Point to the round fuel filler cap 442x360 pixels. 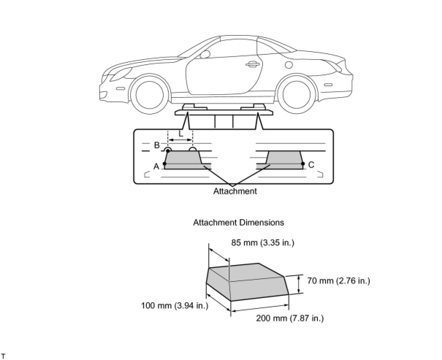(x=289, y=65)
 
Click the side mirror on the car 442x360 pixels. (x=205, y=55)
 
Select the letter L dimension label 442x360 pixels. (x=181, y=134)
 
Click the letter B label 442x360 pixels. (x=157, y=145)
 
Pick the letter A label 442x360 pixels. (x=156, y=166)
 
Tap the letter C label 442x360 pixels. (x=311, y=165)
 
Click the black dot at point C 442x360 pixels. (x=303, y=164)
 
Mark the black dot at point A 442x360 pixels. (x=165, y=164)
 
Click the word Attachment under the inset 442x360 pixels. (x=235, y=191)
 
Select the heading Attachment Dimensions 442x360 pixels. (x=238, y=222)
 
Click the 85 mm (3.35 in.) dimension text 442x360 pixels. (x=262, y=243)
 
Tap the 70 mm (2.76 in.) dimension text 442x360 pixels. (x=338, y=281)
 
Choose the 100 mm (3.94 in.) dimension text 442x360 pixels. (x=175, y=305)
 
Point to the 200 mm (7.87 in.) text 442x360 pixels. (x=290, y=318)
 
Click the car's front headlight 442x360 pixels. (x=119, y=75)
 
